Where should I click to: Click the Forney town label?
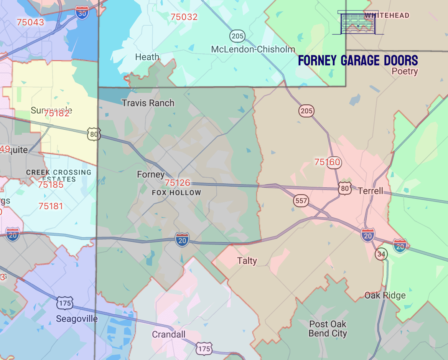coord(151,175)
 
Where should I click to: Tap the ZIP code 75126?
coord(177,183)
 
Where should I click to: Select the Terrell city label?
coord(370,191)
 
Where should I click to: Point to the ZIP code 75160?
coord(327,162)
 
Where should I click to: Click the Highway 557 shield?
coord(301,200)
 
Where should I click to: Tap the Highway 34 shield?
coord(380,254)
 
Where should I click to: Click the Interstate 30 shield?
coord(82,13)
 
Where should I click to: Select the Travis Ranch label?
coord(148,103)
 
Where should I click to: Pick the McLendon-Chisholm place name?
coord(253,50)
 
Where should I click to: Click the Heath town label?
coord(147,57)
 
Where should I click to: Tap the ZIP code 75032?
coord(184,17)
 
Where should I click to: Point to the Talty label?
coord(247,261)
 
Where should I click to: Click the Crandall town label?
coord(168,334)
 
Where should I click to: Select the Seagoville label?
coord(77,319)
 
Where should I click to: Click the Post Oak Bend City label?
coord(328,329)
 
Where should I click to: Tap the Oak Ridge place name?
coord(385,296)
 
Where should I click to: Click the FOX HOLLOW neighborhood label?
coord(176,193)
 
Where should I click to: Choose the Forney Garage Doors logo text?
coord(358,61)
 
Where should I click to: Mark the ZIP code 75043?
coord(30,22)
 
